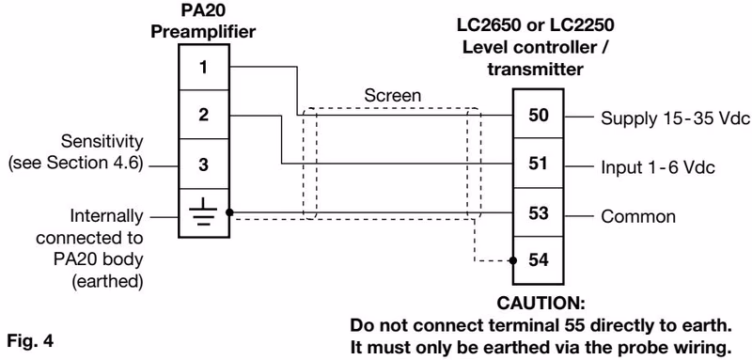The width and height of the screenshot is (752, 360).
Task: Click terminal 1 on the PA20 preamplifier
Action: (204, 67)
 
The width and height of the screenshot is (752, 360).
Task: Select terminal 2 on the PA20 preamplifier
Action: (204, 115)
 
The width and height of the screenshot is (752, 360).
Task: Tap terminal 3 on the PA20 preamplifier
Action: (204, 164)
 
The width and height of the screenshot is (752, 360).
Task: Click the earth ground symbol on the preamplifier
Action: (203, 211)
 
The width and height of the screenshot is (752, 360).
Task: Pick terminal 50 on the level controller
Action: (538, 115)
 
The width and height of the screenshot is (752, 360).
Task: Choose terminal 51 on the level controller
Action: (538, 164)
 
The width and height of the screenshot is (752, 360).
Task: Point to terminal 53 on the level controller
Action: (538, 212)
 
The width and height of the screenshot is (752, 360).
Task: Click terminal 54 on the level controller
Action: (538, 260)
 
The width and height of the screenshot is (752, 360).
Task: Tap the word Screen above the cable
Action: (392, 95)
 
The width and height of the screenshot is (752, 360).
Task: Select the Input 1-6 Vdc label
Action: (658, 167)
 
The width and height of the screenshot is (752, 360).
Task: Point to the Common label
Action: (638, 217)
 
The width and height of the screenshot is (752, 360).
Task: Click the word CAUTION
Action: (541, 304)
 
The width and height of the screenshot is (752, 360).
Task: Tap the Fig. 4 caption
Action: (30, 341)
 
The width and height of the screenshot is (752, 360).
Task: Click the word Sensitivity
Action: (102, 142)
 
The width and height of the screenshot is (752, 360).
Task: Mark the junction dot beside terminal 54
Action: (513, 260)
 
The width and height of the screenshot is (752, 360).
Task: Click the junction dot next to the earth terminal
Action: (229, 212)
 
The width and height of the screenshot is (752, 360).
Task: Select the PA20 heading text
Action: (203, 10)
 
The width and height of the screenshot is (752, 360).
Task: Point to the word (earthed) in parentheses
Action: (107, 281)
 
